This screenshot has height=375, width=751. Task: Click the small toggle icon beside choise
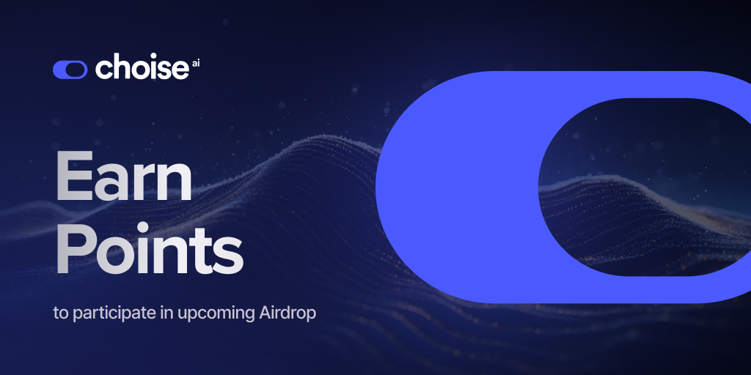click(x=70, y=70)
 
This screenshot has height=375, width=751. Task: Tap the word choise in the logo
click(x=142, y=69)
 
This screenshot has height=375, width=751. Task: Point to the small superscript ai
click(x=196, y=64)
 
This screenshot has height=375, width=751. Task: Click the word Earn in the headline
click(x=124, y=179)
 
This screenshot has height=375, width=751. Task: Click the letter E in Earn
click(x=74, y=179)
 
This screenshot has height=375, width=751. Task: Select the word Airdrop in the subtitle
click(x=288, y=313)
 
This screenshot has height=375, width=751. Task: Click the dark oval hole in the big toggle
click(x=638, y=186)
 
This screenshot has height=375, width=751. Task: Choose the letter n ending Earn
click(x=175, y=185)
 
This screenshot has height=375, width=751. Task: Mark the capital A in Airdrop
click(x=267, y=313)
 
